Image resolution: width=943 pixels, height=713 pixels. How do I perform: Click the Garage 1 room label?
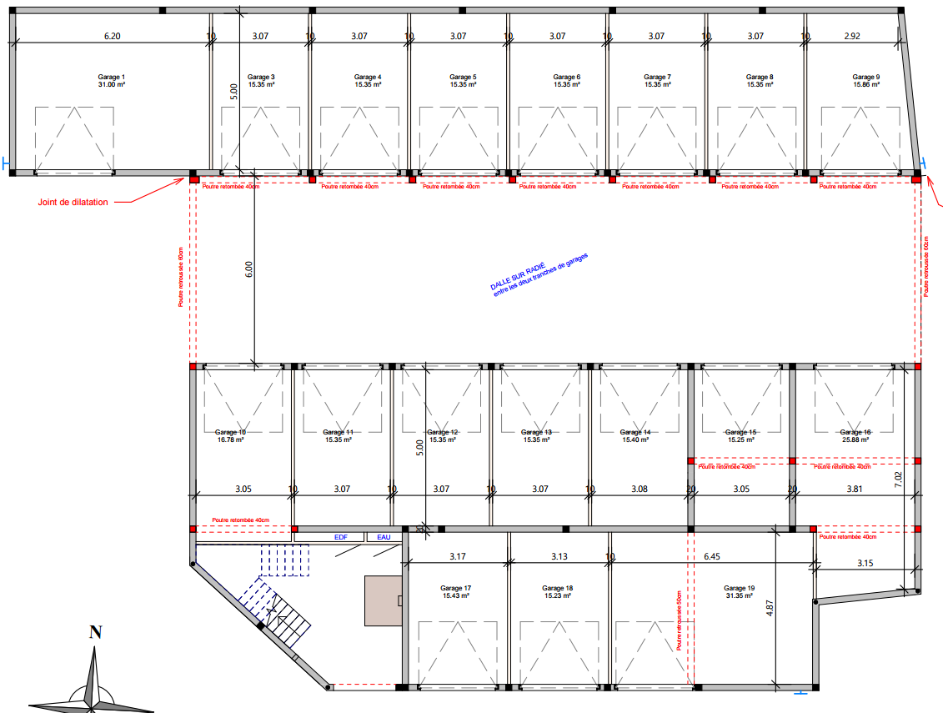[111, 77]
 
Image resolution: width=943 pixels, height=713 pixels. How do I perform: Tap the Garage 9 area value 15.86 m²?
[865, 85]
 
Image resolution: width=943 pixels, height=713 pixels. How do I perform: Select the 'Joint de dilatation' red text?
[72, 202]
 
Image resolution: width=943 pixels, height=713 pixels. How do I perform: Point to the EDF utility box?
[341, 538]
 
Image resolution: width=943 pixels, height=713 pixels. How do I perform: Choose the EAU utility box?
[384, 538]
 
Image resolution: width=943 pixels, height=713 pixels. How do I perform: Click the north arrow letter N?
[96, 632]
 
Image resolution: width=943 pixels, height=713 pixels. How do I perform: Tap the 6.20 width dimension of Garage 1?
[112, 37]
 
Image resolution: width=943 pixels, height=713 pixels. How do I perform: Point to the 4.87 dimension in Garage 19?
[770, 609]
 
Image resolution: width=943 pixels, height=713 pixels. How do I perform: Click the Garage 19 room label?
[740, 588]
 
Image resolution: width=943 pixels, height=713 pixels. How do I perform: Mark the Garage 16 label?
[855, 432]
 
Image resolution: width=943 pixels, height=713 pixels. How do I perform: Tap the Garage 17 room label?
[456, 588]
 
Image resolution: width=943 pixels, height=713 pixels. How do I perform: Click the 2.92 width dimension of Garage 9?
[852, 37]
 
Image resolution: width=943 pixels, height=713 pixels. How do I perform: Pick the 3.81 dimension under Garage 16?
[855, 490]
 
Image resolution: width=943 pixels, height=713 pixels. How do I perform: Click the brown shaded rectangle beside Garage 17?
[384, 600]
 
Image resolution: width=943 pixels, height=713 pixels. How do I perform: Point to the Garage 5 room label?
[463, 77]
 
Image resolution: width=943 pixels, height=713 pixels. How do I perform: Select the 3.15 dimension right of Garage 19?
[865, 565]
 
